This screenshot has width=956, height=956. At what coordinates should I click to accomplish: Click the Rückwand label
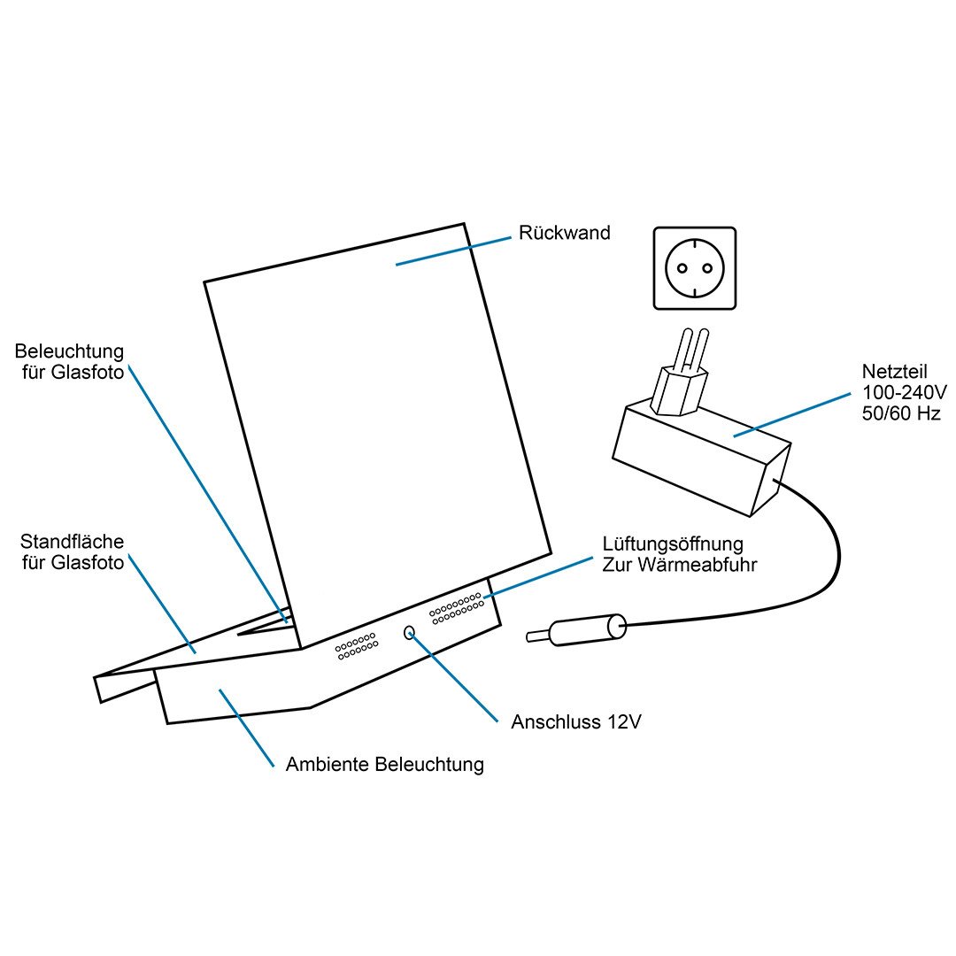pos(564,234)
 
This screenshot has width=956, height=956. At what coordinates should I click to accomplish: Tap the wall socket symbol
pos(695,268)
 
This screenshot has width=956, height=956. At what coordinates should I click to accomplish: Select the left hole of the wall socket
pos(682,268)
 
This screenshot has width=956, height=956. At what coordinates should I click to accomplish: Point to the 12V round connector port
pos(409,632)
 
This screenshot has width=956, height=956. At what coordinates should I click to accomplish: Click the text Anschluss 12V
pos(575,721)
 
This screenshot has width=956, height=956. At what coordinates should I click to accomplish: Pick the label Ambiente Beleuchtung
pos(384,764)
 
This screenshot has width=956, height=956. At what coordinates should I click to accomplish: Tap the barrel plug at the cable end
pos(584,629)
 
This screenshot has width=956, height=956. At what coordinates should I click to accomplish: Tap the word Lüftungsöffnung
pos(673,543)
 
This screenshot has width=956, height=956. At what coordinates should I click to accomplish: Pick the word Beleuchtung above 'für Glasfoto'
pos(70,352)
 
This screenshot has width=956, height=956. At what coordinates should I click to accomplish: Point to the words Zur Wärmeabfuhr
pos(679,564)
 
